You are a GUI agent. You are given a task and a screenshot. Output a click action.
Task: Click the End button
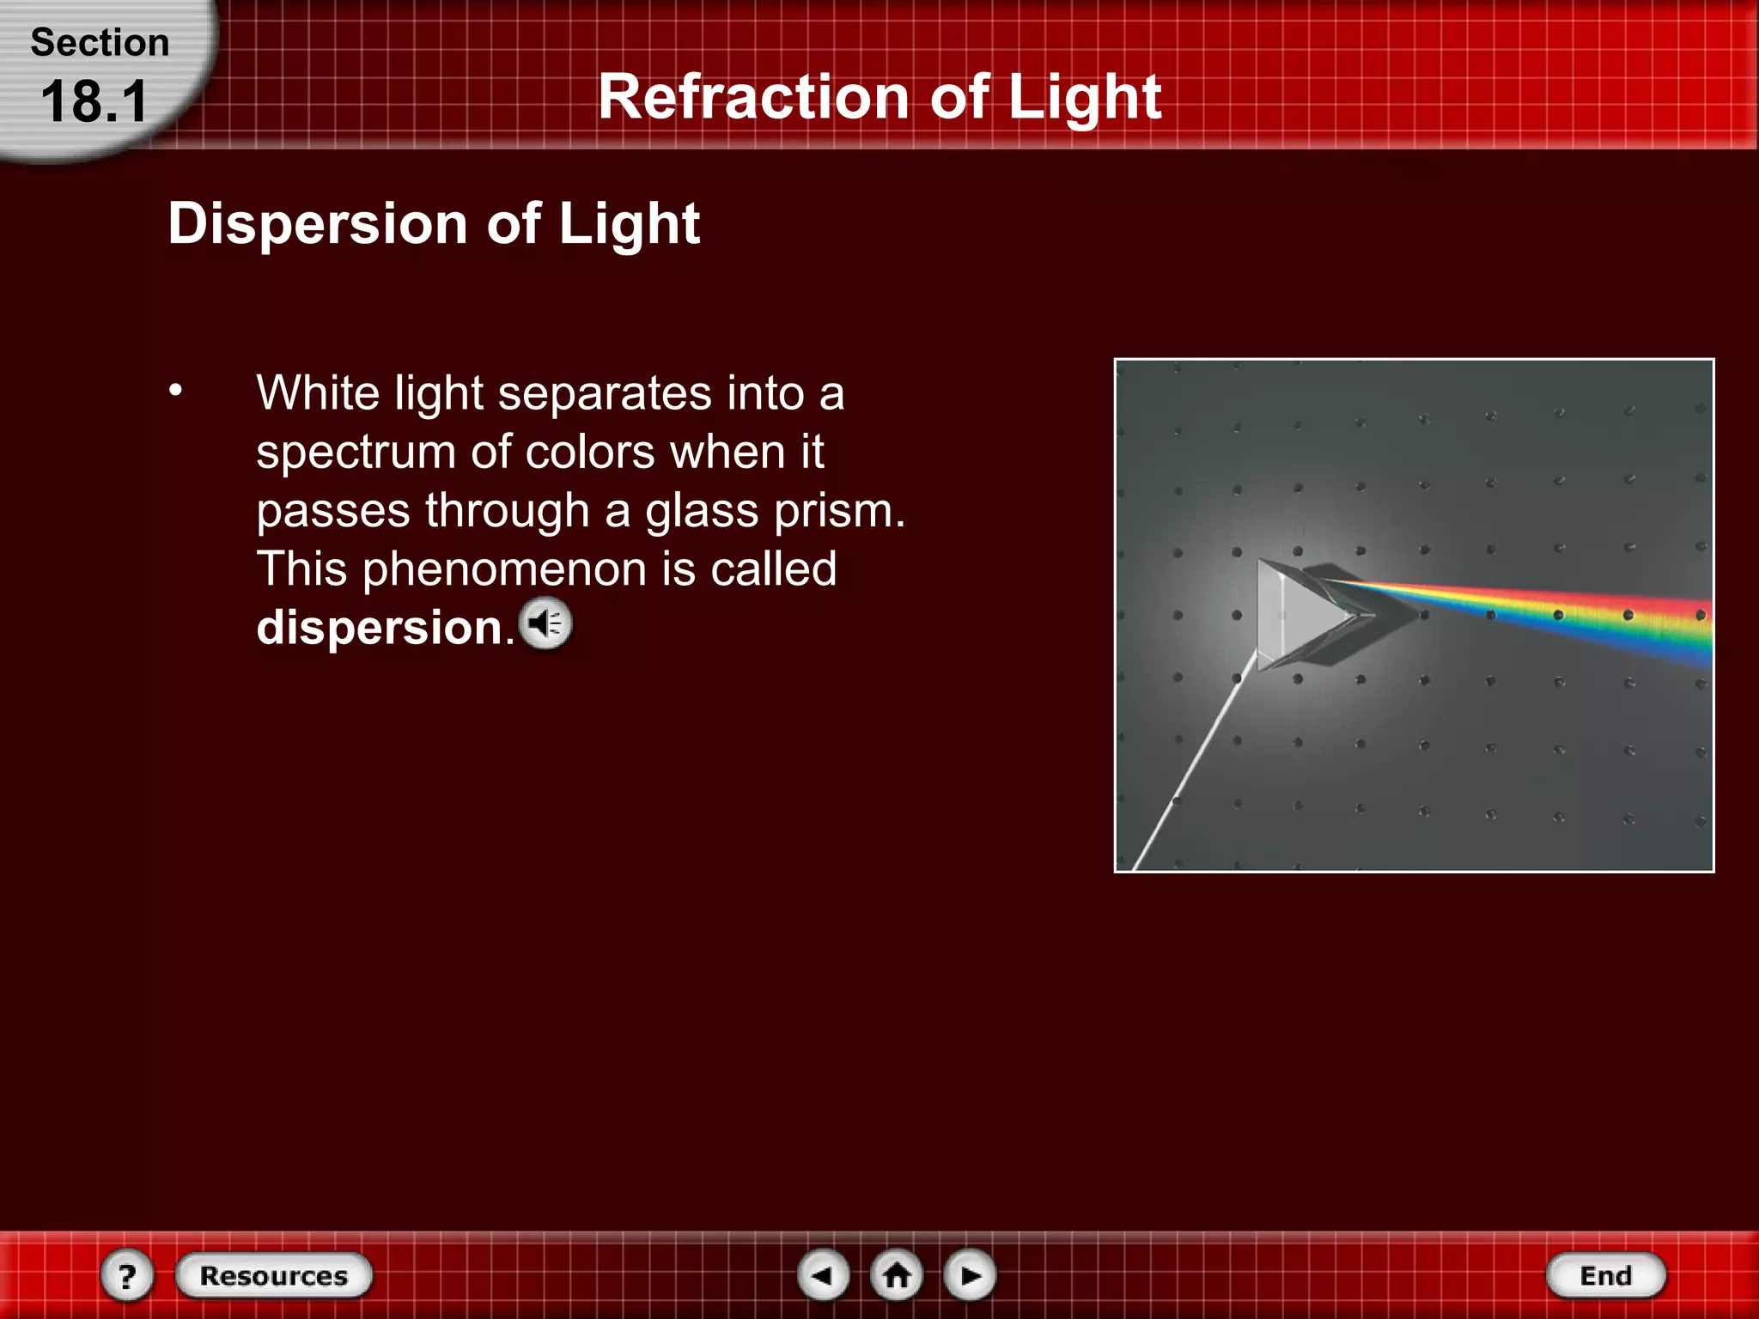point(1605,1276)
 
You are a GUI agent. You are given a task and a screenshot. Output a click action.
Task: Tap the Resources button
point(274,1276)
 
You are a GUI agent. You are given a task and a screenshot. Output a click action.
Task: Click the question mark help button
point(127,1276)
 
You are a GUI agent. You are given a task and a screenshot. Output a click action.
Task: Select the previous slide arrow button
point(823,1276)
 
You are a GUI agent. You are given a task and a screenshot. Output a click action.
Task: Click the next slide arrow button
point(970,1276)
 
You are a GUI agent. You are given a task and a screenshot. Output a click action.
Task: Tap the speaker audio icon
point(545,624)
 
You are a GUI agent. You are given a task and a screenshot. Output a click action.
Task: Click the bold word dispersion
point(380,628)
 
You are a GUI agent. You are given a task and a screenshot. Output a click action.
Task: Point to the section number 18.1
point(94,101)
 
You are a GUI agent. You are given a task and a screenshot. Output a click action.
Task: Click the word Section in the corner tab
point(100,43)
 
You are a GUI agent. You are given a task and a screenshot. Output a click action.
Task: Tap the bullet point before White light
point(176,391)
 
